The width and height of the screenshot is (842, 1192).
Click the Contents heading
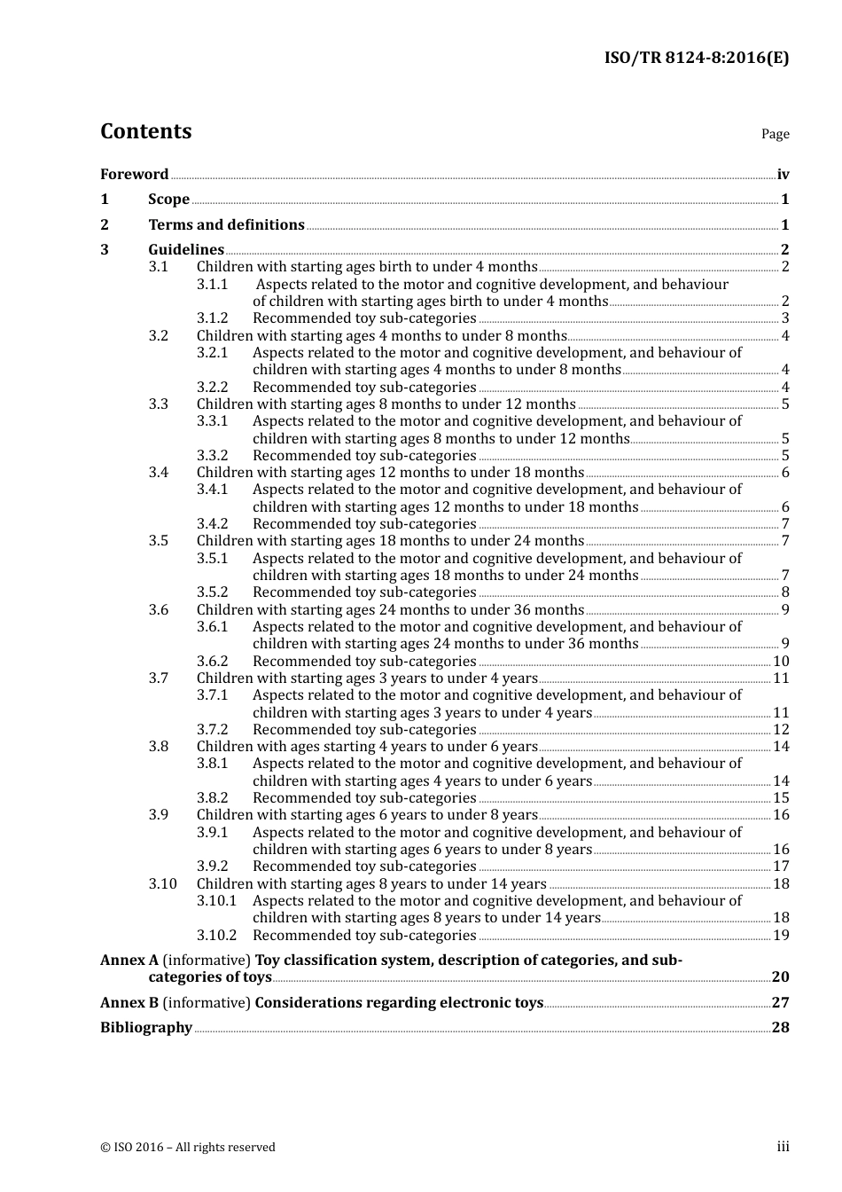[x=145, y=131]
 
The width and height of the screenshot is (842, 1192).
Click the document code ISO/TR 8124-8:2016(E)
[x=696, y=58]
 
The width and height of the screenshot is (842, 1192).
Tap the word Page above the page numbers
[x=775, y=134]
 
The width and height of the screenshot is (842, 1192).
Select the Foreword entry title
[x=134, y=175]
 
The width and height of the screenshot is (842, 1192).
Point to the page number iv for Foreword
[x=783, y=175]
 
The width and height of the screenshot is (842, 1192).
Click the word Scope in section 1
[x=168, y=200]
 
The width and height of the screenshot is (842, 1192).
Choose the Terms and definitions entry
[x=226, y=225]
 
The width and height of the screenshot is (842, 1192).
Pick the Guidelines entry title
[x=186, y=250]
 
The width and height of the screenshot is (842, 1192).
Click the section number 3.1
[x=158, y=267]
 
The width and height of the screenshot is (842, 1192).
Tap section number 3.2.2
[x=212, y=388]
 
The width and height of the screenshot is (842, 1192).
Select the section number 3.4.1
[x=212, y=490]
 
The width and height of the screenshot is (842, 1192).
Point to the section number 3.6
[x=158, y=610]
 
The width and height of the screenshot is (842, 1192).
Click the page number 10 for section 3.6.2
[x=781, y=662]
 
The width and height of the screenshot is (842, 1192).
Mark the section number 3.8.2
[x=212, y=798]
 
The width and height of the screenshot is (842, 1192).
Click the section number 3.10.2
[x=216, y=936]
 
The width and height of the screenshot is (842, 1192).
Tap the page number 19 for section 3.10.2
[x=781, y=936]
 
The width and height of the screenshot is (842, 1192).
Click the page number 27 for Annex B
[x=780, y=1003]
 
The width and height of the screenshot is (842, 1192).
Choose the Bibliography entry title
[x=146, y=1028]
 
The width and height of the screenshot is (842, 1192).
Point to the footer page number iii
[x=783, y=1147]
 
